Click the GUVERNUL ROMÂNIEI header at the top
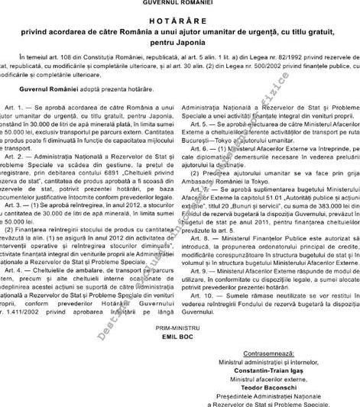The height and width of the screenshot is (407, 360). tap(180, 4)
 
